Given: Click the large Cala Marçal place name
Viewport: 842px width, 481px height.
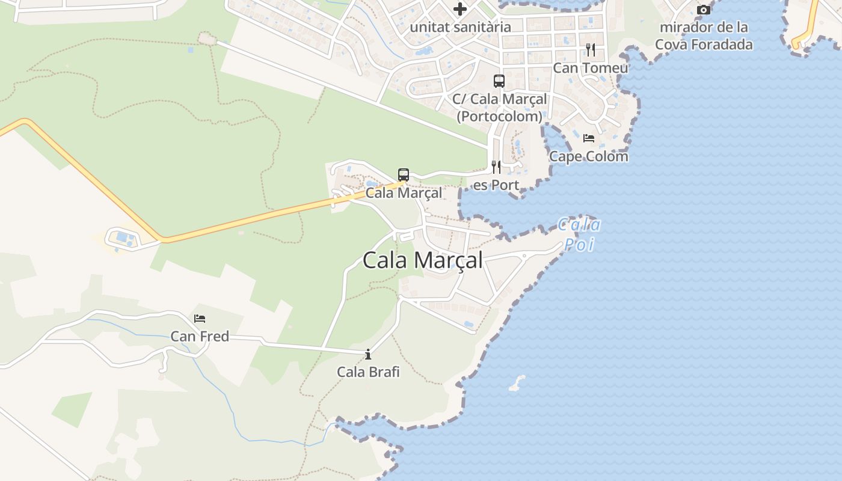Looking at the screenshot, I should (x=422, y=260).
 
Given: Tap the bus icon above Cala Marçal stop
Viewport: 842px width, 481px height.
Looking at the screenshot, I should (x=404, y=175).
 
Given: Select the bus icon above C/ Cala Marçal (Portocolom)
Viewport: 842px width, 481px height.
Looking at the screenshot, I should (x=499, y=81).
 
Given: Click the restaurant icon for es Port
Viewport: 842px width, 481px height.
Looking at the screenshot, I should (x=496, y=167).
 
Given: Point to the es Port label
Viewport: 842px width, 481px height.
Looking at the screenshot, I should (x=496, y=185).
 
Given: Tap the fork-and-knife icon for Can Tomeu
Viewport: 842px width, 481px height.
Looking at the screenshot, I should (x=591, y=49).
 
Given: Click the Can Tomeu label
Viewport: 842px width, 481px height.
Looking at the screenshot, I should (x=590, y=67).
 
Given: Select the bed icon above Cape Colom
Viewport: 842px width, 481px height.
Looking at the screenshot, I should (x=589, y=138).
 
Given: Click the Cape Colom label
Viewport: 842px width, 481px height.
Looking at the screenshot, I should (x=589, y=156).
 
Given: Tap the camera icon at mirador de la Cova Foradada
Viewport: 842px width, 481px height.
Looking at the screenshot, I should (x=704, y=10).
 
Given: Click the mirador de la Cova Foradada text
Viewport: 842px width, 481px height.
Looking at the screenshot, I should (x=704, y=35).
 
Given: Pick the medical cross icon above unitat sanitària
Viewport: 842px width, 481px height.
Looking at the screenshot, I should (x=460, y=9).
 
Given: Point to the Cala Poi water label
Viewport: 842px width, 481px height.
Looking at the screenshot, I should (x=579, y=234).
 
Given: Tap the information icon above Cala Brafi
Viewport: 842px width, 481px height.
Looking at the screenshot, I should (x=368, y=355).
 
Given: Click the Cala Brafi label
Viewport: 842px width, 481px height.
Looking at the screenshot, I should (x=368, y=372).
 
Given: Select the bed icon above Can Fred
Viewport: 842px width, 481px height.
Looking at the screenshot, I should (x=200, y=319).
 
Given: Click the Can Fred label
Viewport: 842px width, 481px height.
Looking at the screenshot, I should (x=200, y=336).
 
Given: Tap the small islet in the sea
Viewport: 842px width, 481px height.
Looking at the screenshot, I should (x=517, y=383).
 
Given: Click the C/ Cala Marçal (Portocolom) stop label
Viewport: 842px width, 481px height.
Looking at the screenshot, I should (x=499, y=107).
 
